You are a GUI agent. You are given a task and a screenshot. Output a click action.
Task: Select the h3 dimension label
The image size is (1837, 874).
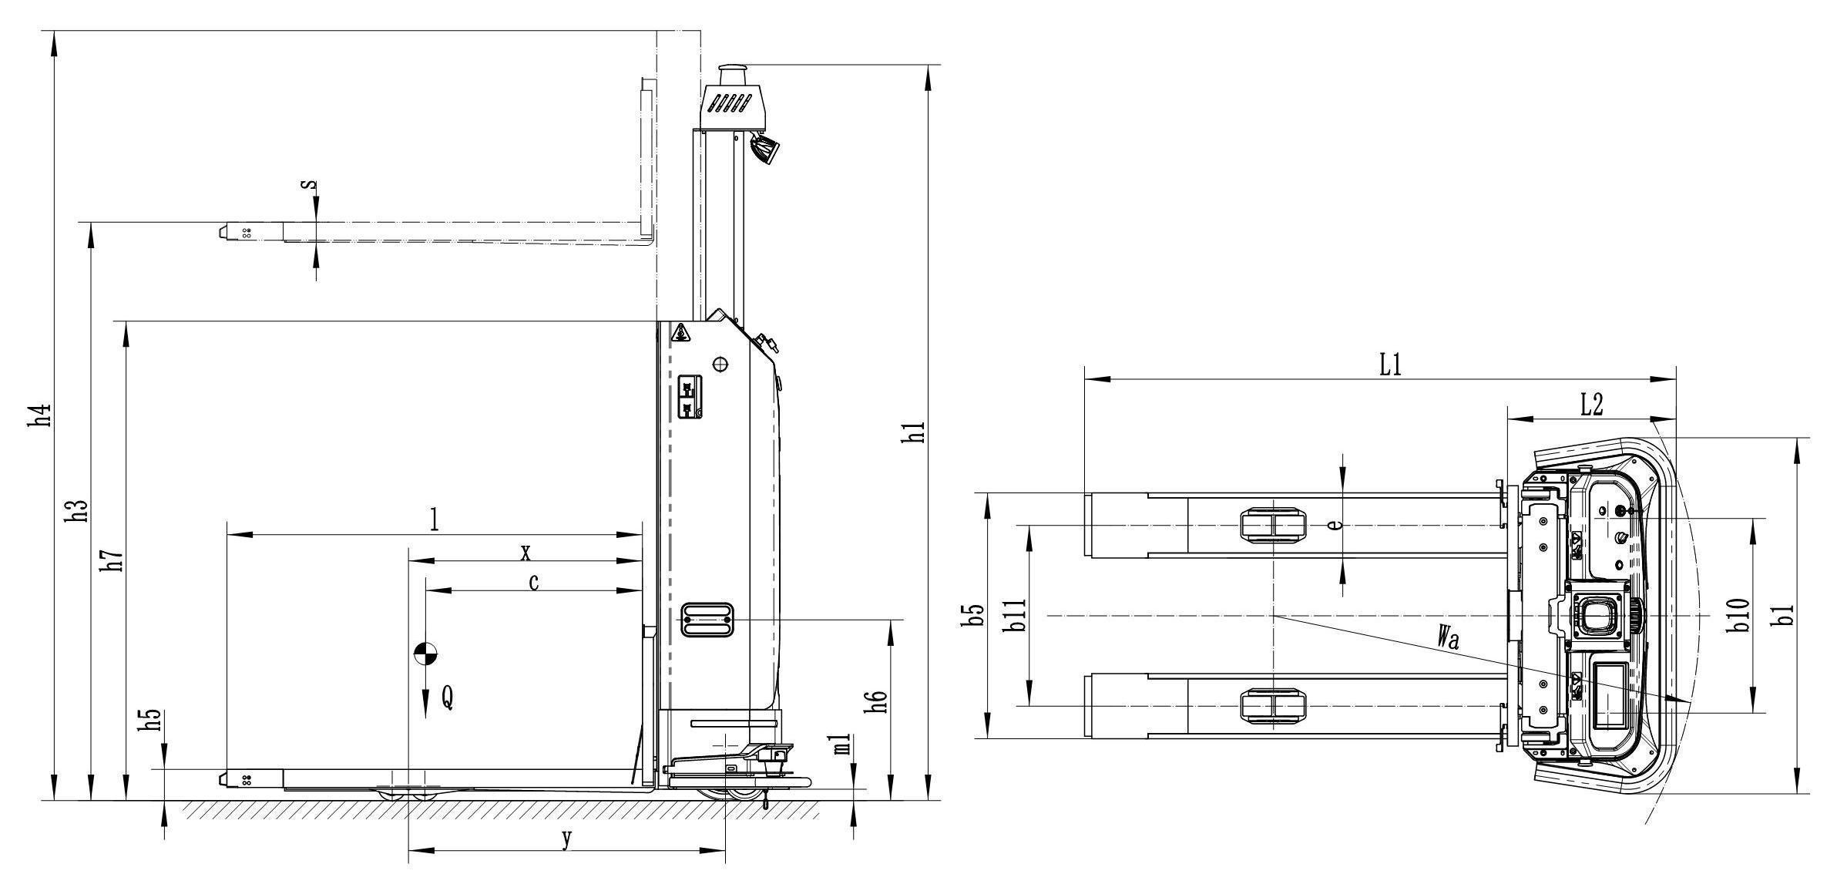pyautogui.click(x=79, y=511)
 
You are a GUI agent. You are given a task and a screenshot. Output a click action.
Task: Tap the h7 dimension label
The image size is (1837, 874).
pyautogui.click(x=114, y=560)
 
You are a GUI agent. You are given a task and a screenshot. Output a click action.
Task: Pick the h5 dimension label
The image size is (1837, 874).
pyautogui.click(x=154, y=720)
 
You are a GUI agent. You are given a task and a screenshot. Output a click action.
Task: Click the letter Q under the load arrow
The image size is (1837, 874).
pyautogui.click(x=447, y=698)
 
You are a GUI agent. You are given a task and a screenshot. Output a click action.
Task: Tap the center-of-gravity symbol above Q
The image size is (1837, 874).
pyautogui.click(x=425, y=654)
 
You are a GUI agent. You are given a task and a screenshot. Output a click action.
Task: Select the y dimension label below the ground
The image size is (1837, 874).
pyautogui.click(x=566, y=839)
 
